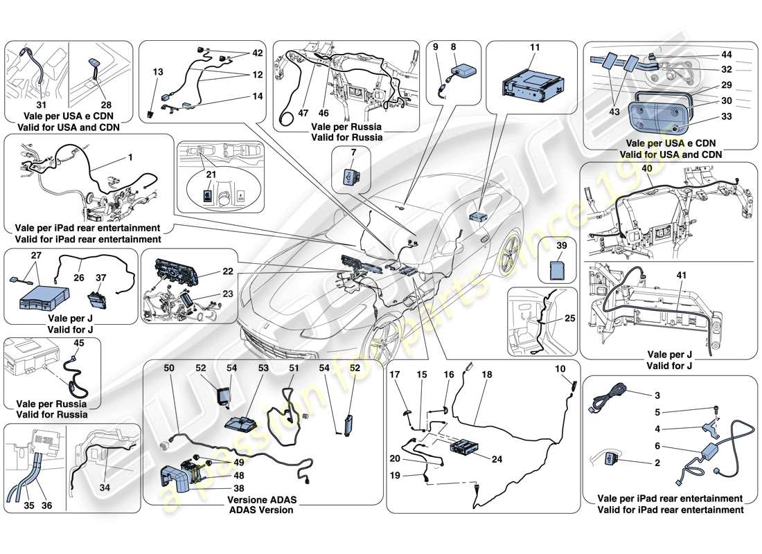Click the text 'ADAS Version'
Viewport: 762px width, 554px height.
tap(263, 510)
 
